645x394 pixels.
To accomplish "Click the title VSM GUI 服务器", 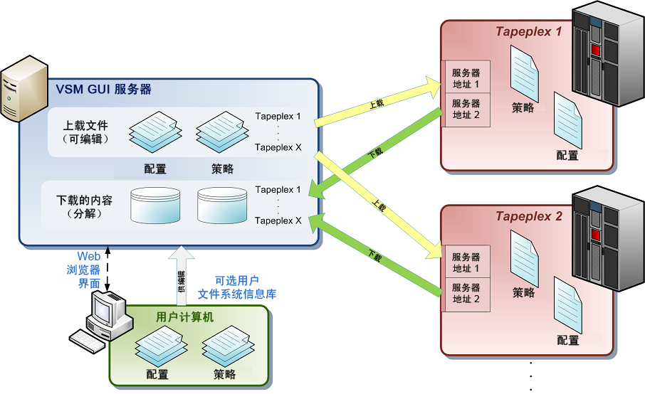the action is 104,89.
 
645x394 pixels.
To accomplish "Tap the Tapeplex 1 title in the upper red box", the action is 528,31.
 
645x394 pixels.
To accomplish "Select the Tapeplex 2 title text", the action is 528,216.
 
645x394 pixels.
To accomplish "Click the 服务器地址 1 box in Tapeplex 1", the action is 466,78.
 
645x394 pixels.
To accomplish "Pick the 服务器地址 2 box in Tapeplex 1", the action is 466,110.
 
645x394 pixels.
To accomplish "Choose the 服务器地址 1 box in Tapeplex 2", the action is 466,262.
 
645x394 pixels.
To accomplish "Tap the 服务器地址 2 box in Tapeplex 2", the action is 466,294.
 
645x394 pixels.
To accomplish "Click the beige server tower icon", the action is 24,89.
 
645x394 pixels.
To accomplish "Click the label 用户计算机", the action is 184,316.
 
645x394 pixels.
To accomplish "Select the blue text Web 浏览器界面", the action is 84,270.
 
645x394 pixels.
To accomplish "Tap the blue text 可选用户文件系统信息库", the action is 237,287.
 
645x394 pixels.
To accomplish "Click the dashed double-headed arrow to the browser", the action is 107,269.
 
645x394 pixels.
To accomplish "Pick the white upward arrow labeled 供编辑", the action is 182,276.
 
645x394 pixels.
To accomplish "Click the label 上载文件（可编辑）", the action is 85,132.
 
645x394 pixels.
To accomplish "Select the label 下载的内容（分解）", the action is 84,207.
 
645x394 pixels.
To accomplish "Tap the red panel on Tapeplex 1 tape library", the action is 596,50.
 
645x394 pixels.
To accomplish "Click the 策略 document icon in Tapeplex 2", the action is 525,258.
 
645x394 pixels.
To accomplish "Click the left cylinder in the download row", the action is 155,206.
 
